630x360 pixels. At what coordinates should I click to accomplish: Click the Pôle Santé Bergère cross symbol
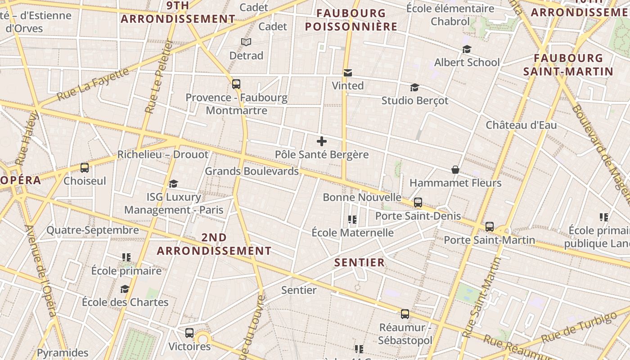322,141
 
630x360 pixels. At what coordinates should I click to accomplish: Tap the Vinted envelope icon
347,73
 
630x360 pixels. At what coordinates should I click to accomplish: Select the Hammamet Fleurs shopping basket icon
455,170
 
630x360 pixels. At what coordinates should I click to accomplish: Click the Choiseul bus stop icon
85,168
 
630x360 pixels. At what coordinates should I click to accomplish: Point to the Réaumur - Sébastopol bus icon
405,314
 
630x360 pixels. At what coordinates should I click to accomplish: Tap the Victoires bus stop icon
189,333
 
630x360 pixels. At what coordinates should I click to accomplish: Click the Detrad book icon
246,42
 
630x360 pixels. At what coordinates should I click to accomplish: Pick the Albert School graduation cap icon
467,49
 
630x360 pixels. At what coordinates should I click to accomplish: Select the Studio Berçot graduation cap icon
414,87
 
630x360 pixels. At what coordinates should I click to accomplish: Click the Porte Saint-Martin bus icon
490,227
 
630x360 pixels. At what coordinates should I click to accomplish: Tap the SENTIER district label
360,262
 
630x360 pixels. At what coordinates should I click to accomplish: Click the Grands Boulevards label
252,171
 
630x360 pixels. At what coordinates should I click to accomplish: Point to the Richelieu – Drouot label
163,155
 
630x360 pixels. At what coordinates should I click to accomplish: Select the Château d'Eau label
521,125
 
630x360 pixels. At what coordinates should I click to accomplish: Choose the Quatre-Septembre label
93,230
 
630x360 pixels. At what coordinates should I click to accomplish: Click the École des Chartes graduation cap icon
125,289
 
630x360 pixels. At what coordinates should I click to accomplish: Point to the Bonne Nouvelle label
362,197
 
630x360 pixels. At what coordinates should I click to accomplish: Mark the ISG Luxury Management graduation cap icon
173,184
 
